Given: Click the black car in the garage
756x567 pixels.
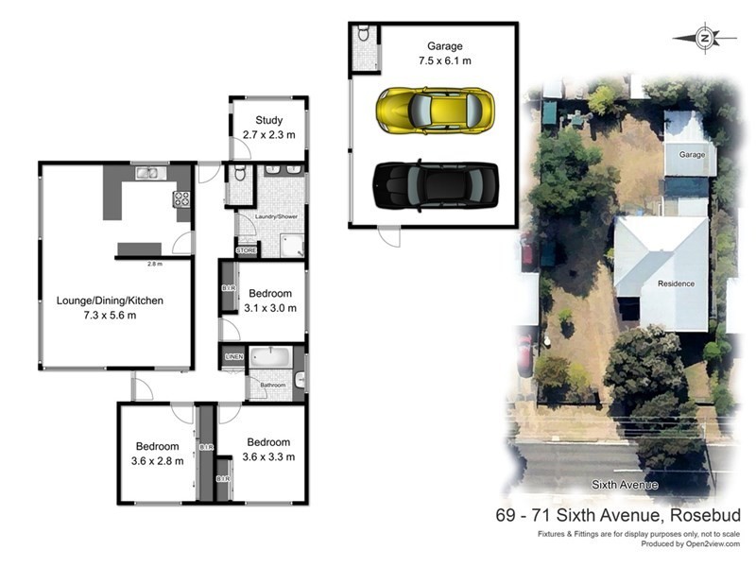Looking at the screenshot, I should pyautogui.click(x=435, y=184).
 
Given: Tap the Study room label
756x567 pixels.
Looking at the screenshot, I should pyautogui.click(x=269, y=127).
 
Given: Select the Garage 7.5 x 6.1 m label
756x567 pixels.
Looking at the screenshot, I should pyautogui.click(x=444, y=53).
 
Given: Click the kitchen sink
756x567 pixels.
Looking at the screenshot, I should pyautogui.click(x=147, y=173).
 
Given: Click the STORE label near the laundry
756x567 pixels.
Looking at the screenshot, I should pyautogui.click(x=246, y=250).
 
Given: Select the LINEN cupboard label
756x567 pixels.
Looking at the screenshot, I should pyautogui.click(x=233, y=356).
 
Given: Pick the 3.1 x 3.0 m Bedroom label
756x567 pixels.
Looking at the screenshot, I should pyautogui.click(x=269, y=301).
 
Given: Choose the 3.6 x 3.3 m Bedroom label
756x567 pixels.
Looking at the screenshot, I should pyautogui.click(x=268, y=449).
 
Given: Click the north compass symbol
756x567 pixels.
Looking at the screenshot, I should pyautogui.click(x=705, y=38).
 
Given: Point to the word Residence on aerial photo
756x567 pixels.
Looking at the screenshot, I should pyautogui.click(x=676, y=283).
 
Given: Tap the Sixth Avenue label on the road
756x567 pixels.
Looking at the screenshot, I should pyautogui.click(x=624, y=485).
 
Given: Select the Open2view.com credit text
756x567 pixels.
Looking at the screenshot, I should pyautogui.click(x=701, y=544).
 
